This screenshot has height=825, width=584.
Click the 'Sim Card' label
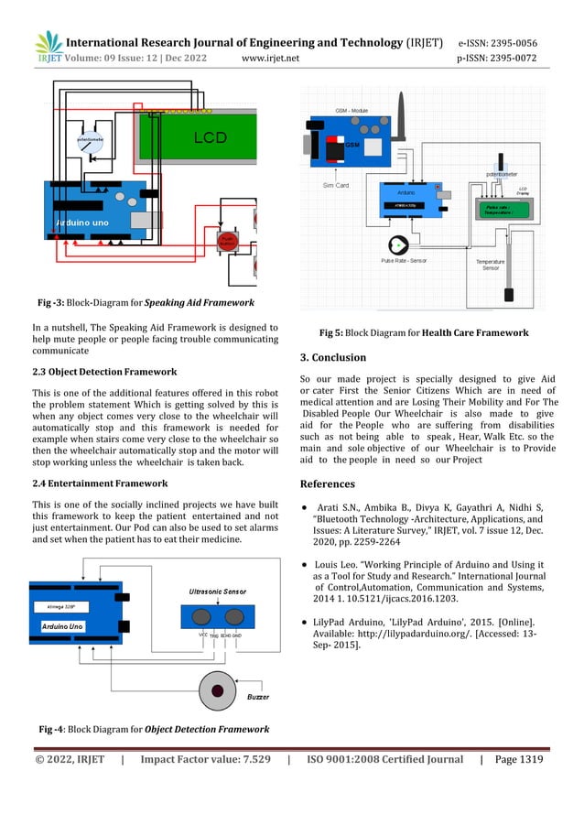coord(336,185)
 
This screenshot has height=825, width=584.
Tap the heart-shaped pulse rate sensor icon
coord(398,245)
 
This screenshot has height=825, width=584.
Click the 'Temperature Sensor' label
coord(491,265)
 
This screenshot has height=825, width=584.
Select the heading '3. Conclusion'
coord(333,357)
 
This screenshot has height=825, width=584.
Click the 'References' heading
coord(330,483)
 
